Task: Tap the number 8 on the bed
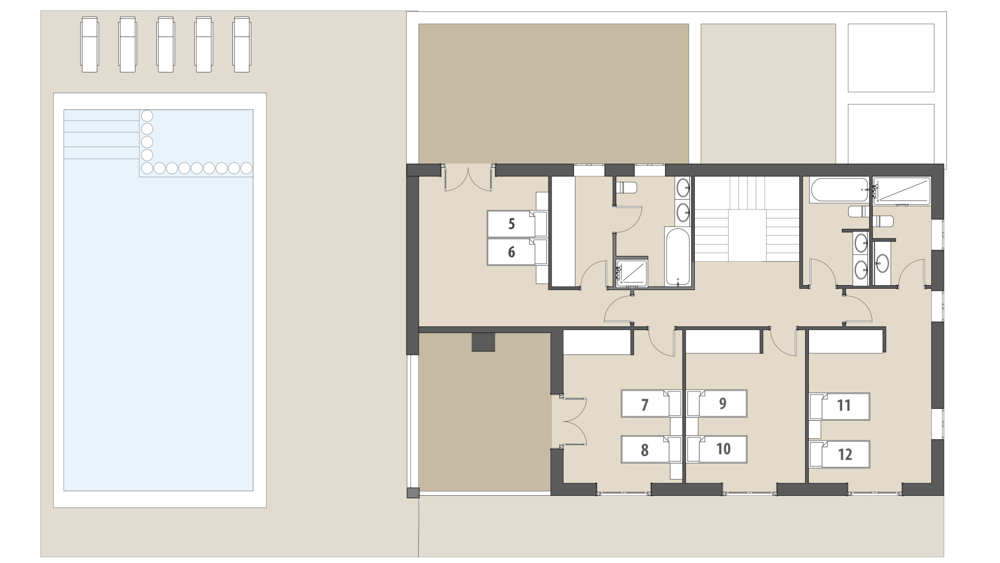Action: tap(645, 449)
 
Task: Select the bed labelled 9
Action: tap(717, 403)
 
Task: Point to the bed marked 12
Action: tap(839, 454)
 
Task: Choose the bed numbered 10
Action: tap(717, 449)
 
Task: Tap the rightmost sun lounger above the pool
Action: tap(242, 44)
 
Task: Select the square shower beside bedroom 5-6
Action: tap(632, 273)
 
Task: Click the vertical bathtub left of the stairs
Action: tap(678, 256)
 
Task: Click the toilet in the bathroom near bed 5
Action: tap(626, 187)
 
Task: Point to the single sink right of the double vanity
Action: tap(882, 263)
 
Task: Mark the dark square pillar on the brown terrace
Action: tap(483, 342)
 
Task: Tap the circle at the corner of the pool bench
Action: tap(147, 168)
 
